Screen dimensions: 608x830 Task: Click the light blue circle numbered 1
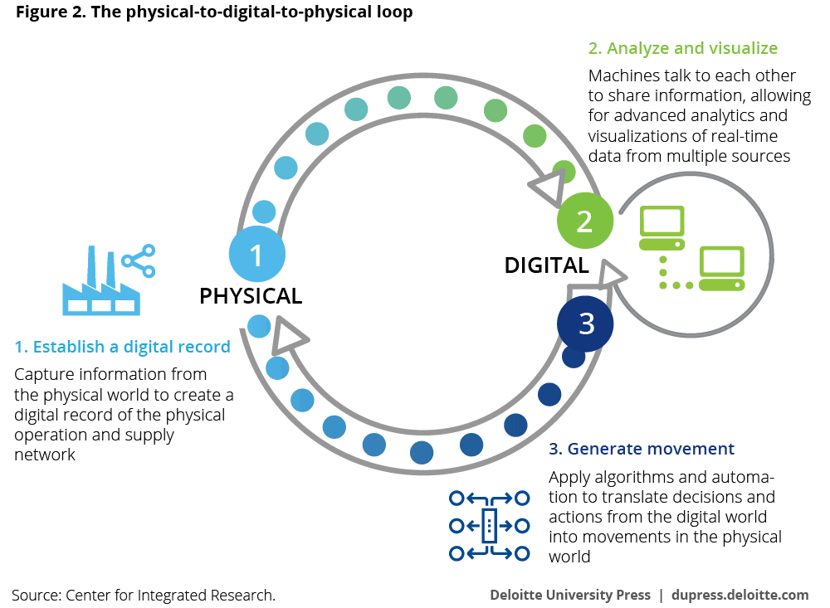point(256,253)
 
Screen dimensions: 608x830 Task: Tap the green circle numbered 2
point(585,221)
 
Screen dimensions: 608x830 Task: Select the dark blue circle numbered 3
point(586,323)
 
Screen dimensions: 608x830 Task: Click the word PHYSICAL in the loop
point(251,295)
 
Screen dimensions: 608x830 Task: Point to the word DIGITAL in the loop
point(546,265)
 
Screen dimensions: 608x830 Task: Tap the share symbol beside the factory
point(139,260)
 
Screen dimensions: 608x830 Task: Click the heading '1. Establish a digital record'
point(123,347)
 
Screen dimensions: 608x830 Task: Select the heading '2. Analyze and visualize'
point(683,48)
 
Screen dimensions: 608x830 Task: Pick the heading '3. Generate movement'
point(642,449)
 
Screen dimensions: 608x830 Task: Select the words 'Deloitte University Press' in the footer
point(569,595)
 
